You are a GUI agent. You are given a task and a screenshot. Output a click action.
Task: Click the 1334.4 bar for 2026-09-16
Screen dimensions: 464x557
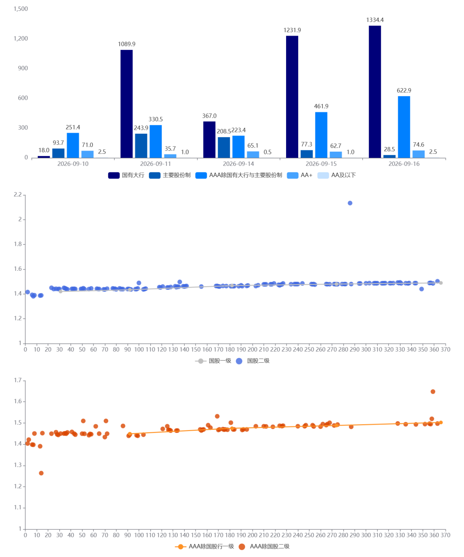375,92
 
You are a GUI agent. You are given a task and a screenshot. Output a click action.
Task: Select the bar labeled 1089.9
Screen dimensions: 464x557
126,104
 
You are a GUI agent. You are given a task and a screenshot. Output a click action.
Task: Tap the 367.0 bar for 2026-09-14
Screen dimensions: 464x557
209,140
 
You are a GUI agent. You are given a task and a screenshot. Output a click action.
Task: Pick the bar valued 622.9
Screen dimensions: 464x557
404,127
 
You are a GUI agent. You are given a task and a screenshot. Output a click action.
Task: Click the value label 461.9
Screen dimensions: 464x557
321,106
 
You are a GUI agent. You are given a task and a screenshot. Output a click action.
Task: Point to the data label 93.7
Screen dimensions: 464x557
58,143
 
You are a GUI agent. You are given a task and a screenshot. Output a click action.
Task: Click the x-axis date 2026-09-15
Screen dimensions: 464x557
321,164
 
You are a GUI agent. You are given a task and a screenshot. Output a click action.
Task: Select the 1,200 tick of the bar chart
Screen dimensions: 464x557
21,38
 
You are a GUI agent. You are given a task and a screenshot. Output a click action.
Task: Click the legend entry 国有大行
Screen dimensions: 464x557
126,175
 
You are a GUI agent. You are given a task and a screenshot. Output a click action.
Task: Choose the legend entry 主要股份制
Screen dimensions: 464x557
170,175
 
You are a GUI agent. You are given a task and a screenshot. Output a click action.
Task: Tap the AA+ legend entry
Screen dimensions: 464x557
299,175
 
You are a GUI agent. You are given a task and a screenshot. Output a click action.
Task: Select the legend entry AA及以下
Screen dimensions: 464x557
336,175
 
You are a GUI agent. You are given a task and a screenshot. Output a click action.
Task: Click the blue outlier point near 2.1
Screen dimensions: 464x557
350,203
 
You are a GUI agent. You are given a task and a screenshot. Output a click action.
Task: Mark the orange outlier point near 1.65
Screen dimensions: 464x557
433,392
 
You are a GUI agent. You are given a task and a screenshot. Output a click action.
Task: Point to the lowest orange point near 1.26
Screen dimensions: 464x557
41,473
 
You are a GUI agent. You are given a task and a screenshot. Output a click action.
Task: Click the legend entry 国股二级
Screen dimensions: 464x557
253,361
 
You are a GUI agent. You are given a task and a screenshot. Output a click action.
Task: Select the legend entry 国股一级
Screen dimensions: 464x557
213,361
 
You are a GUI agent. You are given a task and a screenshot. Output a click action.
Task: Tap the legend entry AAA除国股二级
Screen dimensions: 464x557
264,547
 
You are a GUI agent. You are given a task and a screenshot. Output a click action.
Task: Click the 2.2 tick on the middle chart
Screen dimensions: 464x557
18,195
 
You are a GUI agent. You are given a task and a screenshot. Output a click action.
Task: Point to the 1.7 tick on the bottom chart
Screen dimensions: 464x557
18,380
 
